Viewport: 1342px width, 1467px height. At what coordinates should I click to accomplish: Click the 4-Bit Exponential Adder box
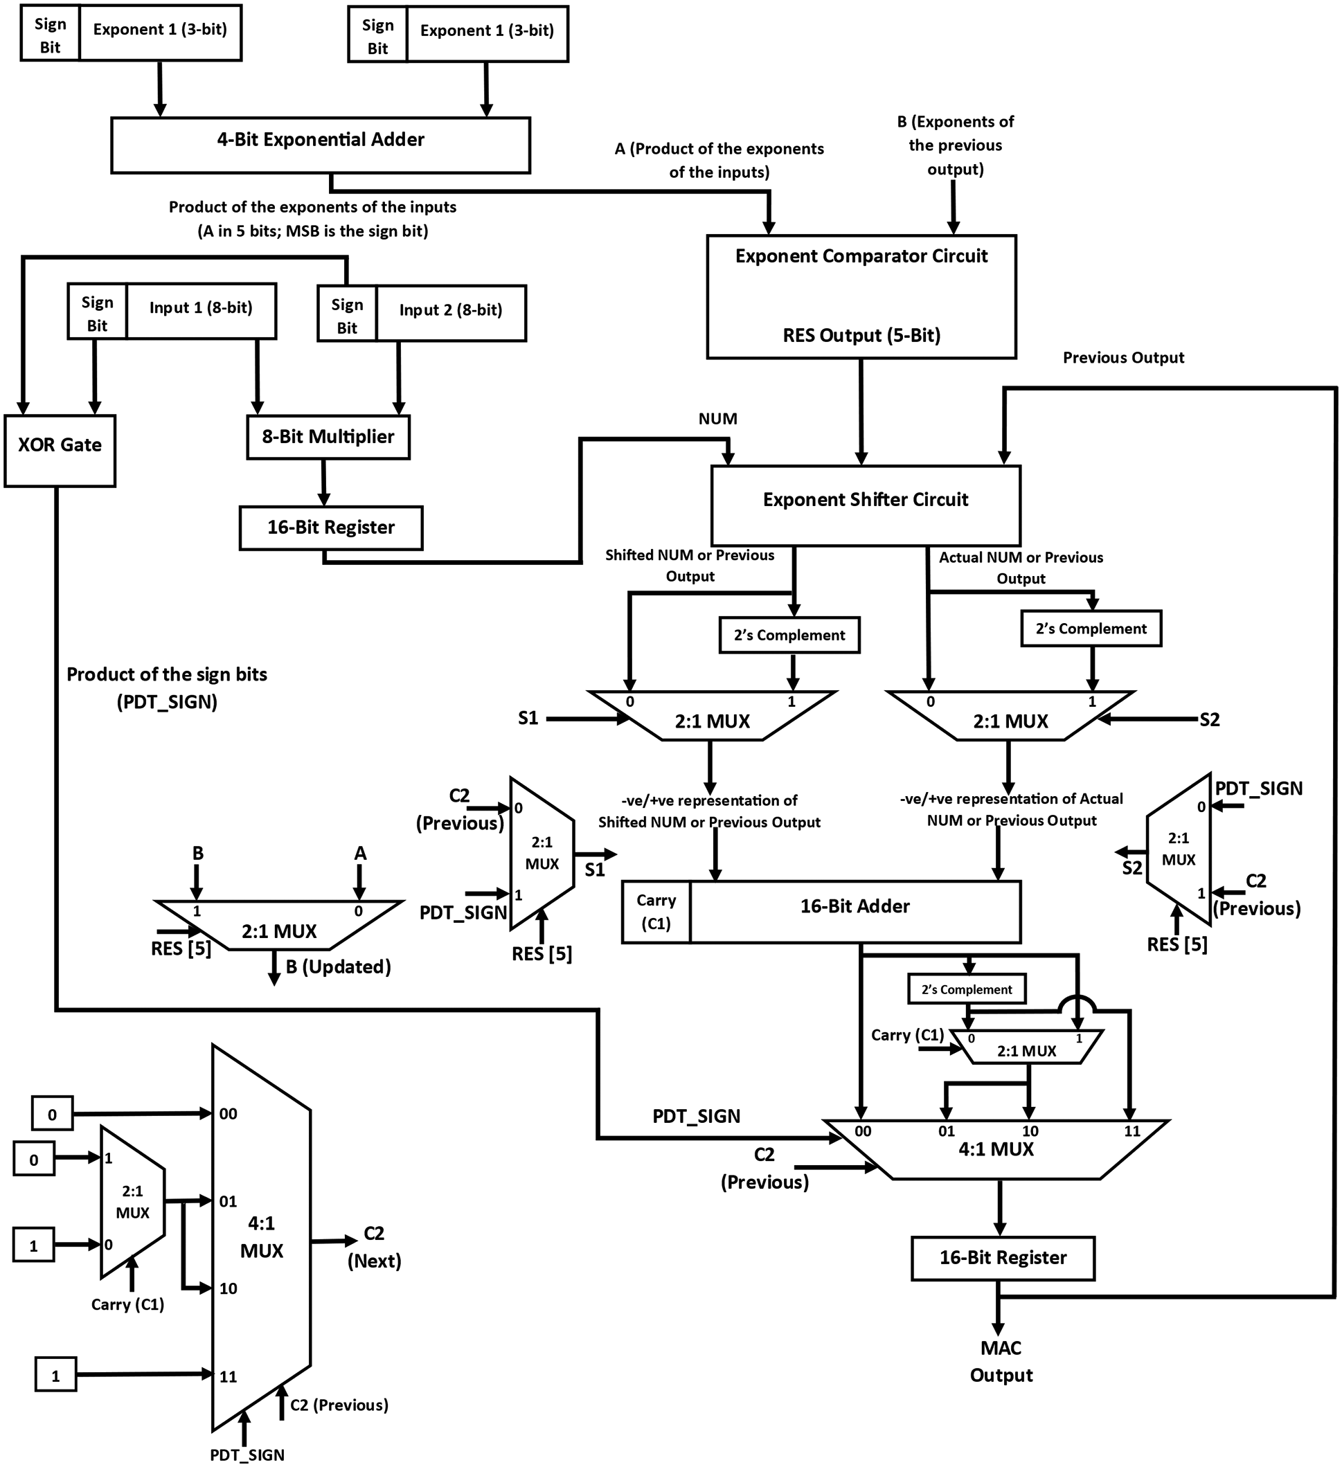coord(320,145)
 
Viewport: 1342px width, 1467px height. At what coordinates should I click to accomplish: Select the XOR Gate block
coord(60,451)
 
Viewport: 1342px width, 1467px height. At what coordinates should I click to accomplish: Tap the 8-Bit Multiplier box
coord(328,437)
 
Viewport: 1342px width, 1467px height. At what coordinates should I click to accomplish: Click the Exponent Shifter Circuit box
coord(866,505)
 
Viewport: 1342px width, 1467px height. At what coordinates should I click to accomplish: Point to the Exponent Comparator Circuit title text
coord(861,256)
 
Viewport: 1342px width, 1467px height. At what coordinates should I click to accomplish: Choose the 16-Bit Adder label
coord(855,906)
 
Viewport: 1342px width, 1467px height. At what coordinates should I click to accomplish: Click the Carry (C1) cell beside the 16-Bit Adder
coord(656,912)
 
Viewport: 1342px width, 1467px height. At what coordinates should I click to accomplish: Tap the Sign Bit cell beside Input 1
coord(97,312)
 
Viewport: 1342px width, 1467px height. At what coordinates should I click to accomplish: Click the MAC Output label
coord(1001,1362)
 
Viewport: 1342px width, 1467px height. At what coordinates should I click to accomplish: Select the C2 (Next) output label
coord(374,1247)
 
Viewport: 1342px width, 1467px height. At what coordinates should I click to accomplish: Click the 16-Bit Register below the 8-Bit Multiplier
coord(330,528)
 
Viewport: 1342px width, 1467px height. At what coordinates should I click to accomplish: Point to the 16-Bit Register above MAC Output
coord(1002,1257)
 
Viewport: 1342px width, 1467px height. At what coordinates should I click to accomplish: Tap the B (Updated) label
coord(339,967)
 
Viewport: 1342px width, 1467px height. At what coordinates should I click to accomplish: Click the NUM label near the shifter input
coord(717,418)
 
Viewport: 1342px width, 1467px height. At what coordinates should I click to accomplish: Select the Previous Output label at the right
coord(1123,357)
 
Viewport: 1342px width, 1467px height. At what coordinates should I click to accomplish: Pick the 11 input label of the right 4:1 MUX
coord(1131,1131)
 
